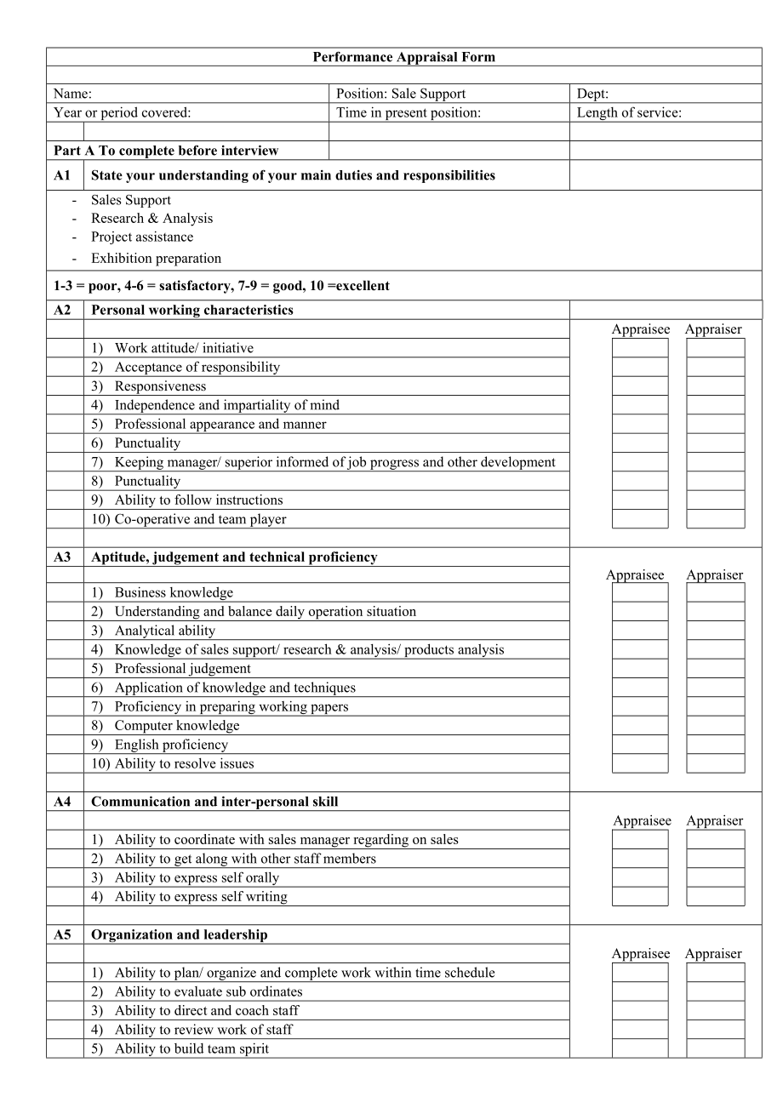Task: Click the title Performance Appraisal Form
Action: [403, 57]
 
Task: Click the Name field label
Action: [72, 94]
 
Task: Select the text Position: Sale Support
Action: [401, 94]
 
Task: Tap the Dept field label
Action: [592, 94]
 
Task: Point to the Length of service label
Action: [629, 112]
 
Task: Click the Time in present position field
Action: [409, 112]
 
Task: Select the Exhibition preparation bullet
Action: [156, 258]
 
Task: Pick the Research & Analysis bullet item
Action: [151, 218]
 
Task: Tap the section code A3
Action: [63, 557]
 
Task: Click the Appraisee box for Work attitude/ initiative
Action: [640, 348]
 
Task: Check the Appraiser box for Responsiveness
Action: [715, 386]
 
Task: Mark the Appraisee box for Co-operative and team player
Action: [640, 519]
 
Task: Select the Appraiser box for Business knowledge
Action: [715, 592]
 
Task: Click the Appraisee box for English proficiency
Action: [640, 745]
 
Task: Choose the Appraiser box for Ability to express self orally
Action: [715, 877]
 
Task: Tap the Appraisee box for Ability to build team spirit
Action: [640, 1048]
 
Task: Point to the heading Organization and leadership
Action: [179, 934]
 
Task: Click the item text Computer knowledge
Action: [177, 726]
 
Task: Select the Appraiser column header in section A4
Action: [715, 821]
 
